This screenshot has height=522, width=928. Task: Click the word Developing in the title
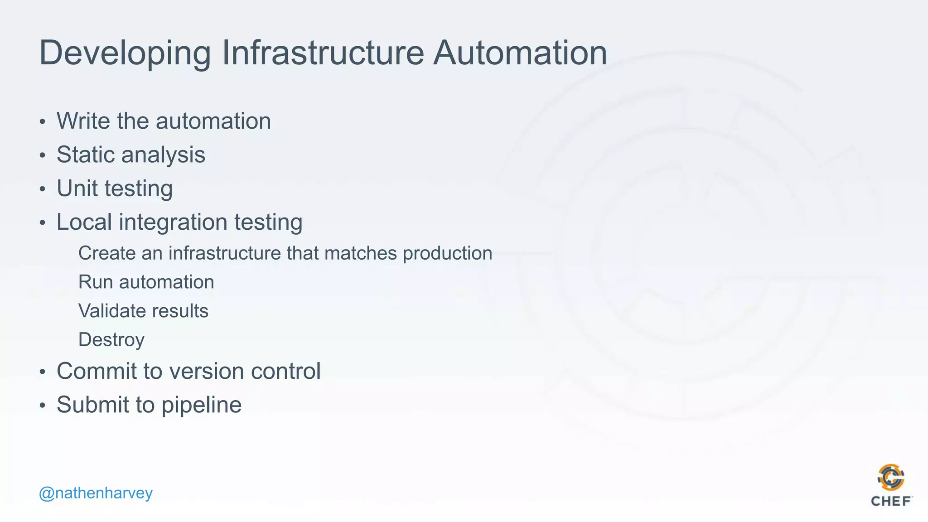pos(125,53)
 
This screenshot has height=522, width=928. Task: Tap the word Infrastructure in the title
pos(323,53)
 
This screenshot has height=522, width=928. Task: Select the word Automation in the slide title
pos(520,53)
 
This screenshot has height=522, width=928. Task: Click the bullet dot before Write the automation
pos(43,121)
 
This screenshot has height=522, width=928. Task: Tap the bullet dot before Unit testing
pos(43,189)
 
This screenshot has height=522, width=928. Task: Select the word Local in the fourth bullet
pos(84,222)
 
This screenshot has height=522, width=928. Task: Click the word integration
pos(173,223)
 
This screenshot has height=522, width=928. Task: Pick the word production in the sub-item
pos(447,253)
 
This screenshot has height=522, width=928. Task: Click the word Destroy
pos(111,340)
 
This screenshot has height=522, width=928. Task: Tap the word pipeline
pos(201,405)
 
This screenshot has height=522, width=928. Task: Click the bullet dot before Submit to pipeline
pos(43,405)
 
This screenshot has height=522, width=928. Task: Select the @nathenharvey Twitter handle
pos(96,493)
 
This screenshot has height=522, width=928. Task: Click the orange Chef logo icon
pos(891,478)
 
